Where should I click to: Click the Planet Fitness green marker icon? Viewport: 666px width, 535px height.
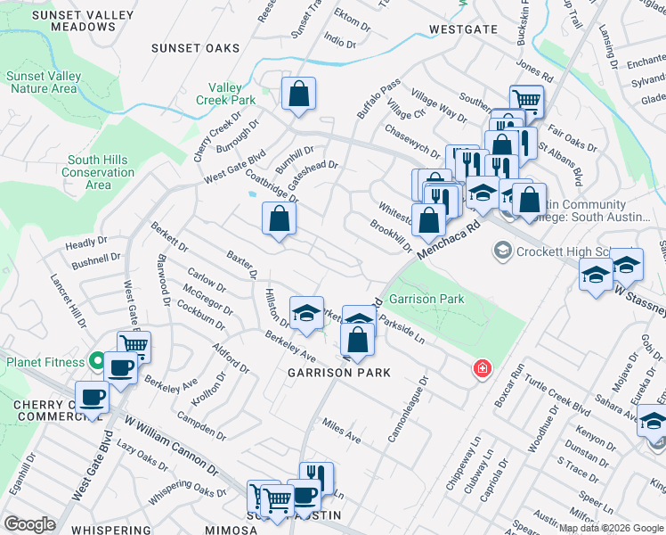(97, 361)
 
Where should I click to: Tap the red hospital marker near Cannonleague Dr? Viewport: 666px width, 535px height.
(482, 368)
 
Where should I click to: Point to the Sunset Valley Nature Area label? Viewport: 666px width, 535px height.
(42, 82)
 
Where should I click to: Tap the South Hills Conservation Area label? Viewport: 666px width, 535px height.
(98, 172)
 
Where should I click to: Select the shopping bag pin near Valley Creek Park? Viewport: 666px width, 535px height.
(298, 93)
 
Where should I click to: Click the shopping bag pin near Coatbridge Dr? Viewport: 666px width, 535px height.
(279, 218)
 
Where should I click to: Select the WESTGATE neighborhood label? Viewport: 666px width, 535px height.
(462, 29)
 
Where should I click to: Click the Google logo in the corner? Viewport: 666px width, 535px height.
(29, 523)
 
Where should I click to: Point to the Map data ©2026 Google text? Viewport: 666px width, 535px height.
(612, 528)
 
